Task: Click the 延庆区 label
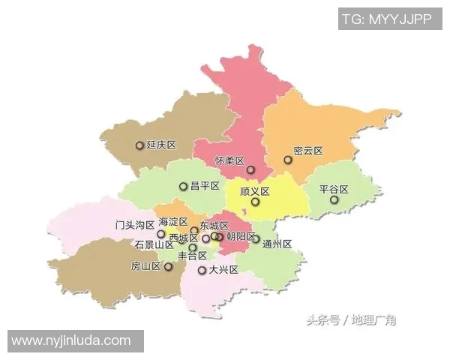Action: (x=161, y=145)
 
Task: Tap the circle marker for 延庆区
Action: (x=139, y=145)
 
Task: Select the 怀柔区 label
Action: (x=229, y=161)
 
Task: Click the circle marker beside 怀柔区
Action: (x=250, y=169)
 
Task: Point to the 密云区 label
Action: (x=307, y=151)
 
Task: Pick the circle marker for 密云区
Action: (x=287, y=160)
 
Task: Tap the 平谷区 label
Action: (x=334, y=189)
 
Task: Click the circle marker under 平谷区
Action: (x=334, y=200)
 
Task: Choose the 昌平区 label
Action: (x=204, y=186)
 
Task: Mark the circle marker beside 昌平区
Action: (x=183, y=187)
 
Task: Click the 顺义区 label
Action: (x=254, y=191)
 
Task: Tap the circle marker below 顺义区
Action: (x=255, y=202)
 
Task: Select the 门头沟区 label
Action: (x=134, y=224)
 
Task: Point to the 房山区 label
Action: (x=145, y=266)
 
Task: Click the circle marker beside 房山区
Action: (x=169, y=266)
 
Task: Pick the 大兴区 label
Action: (x=223, y=270)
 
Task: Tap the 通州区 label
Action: (x=277, y=244)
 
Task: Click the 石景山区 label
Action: (x=154, y=245)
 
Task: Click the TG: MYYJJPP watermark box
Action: (x=388, y=19)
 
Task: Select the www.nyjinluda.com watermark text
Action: (x=72, y=341)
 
